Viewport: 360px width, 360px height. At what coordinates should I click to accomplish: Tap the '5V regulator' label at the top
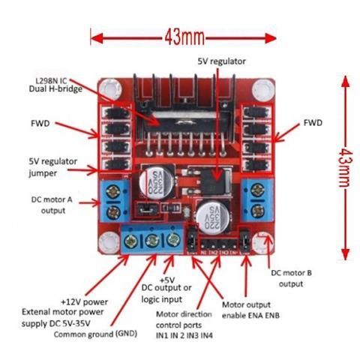click(x=220, y=60)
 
